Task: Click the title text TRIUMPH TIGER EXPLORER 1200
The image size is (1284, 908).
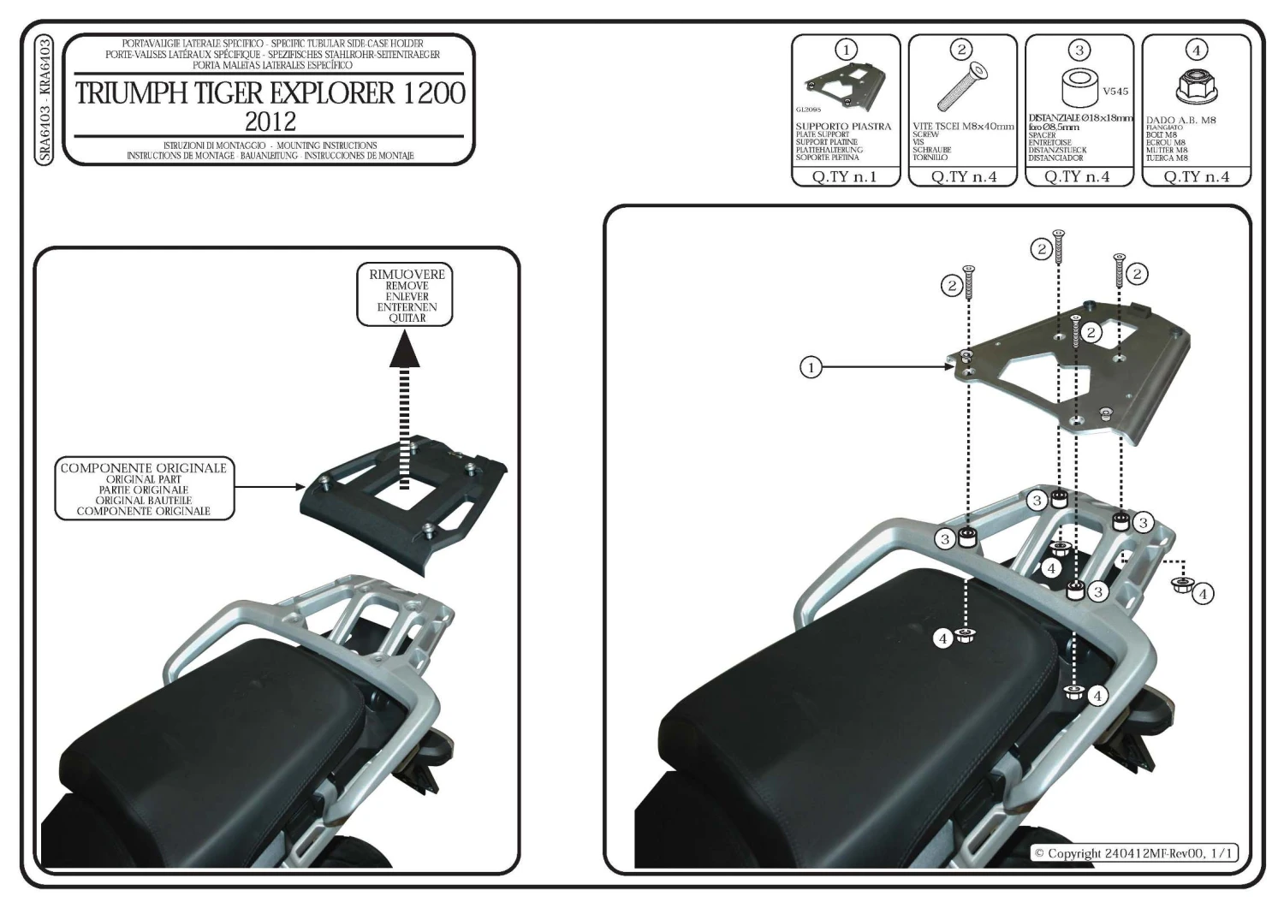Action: pyautogui.click(x=270, y=92)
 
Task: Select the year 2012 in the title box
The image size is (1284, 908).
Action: pyautogui.click(x=270, y=119)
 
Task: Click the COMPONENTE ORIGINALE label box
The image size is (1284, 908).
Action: pyautogui.click(x=143, y=490)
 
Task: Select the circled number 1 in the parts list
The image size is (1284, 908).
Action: pyautogui.click(x=846, y=50)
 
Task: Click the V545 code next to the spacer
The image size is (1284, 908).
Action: pyautogui.click(x=1115, y=91)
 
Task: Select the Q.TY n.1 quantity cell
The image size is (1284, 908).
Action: pyautogui.click(x=845, y=177)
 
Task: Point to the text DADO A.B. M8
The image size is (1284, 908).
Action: pyautogui.click(x=1180, y=121)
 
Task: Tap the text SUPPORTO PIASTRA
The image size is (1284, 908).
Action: pyautogui.click(x=843, y=127)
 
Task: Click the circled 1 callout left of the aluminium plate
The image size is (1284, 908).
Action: pyautogui.click(x=810, y=368)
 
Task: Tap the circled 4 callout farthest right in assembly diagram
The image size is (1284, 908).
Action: pyautogui.click(x=1203, y=592)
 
